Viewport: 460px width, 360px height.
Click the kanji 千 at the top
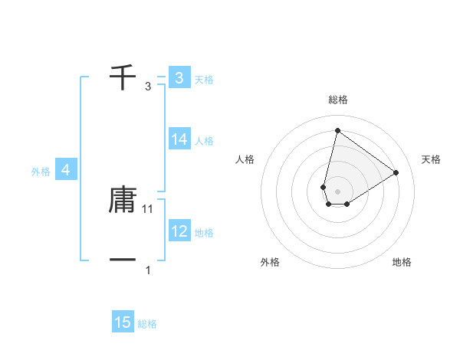click(123, 77)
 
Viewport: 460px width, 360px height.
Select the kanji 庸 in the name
click(123, 200)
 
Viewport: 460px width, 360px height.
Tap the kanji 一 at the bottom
click(123, 261)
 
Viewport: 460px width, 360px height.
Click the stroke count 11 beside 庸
click(149, 208)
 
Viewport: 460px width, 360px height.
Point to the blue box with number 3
click(179, 77)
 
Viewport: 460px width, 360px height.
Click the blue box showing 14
click(179, 139)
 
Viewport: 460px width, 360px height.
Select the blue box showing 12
click(179, 231)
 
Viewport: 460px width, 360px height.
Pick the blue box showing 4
click(66, 170)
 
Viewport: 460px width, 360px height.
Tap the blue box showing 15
click(123, 322)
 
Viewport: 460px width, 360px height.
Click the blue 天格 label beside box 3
click(204, 80)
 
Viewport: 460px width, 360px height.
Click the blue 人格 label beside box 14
click(204, 141)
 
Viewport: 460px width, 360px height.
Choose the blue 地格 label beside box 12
click(204, 233)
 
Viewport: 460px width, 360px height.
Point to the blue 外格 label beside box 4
click(41, 172)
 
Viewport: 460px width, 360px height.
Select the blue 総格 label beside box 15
click(147, 325)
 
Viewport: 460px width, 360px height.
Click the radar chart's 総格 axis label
click(338, 100)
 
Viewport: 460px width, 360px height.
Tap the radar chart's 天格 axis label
click(431, 159)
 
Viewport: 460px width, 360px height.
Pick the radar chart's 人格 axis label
click(245, 159)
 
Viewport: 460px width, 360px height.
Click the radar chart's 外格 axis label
click(270, 262)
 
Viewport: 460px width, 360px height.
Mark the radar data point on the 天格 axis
click(396, 172)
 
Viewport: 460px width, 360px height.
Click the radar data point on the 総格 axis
click(337, 130)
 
